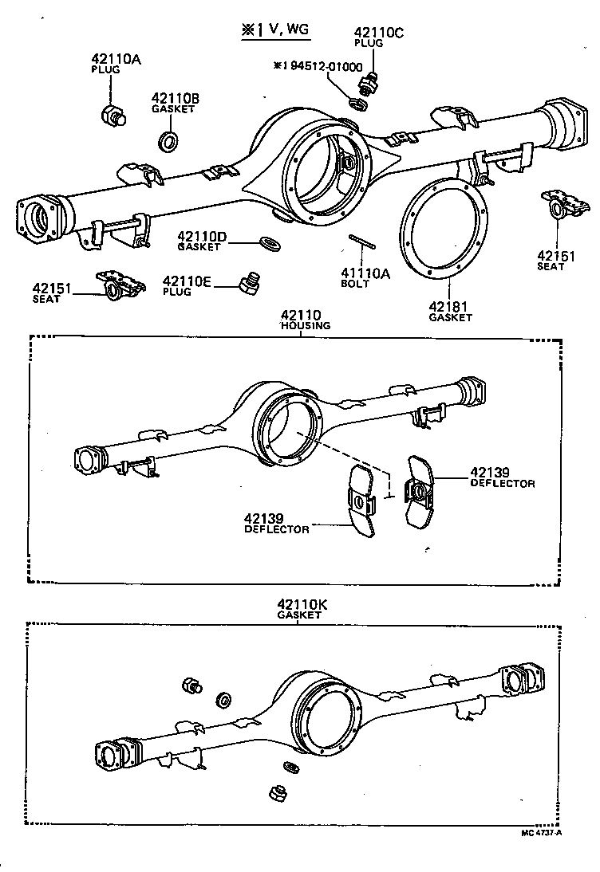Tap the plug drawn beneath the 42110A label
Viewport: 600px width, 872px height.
click(x=113, y=116)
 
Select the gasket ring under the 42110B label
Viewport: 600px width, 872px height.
click(x=169, y=142)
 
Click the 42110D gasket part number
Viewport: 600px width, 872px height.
click(x=202, y=237)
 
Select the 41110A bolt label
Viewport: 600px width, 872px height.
click(x=365, y=273)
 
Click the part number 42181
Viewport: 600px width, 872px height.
click(x=450, y=306)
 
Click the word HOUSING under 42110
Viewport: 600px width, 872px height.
click(x=305, y=326)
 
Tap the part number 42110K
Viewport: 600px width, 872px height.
click(x=304, y=605)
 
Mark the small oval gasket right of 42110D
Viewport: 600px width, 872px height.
click(x=270, y=242)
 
